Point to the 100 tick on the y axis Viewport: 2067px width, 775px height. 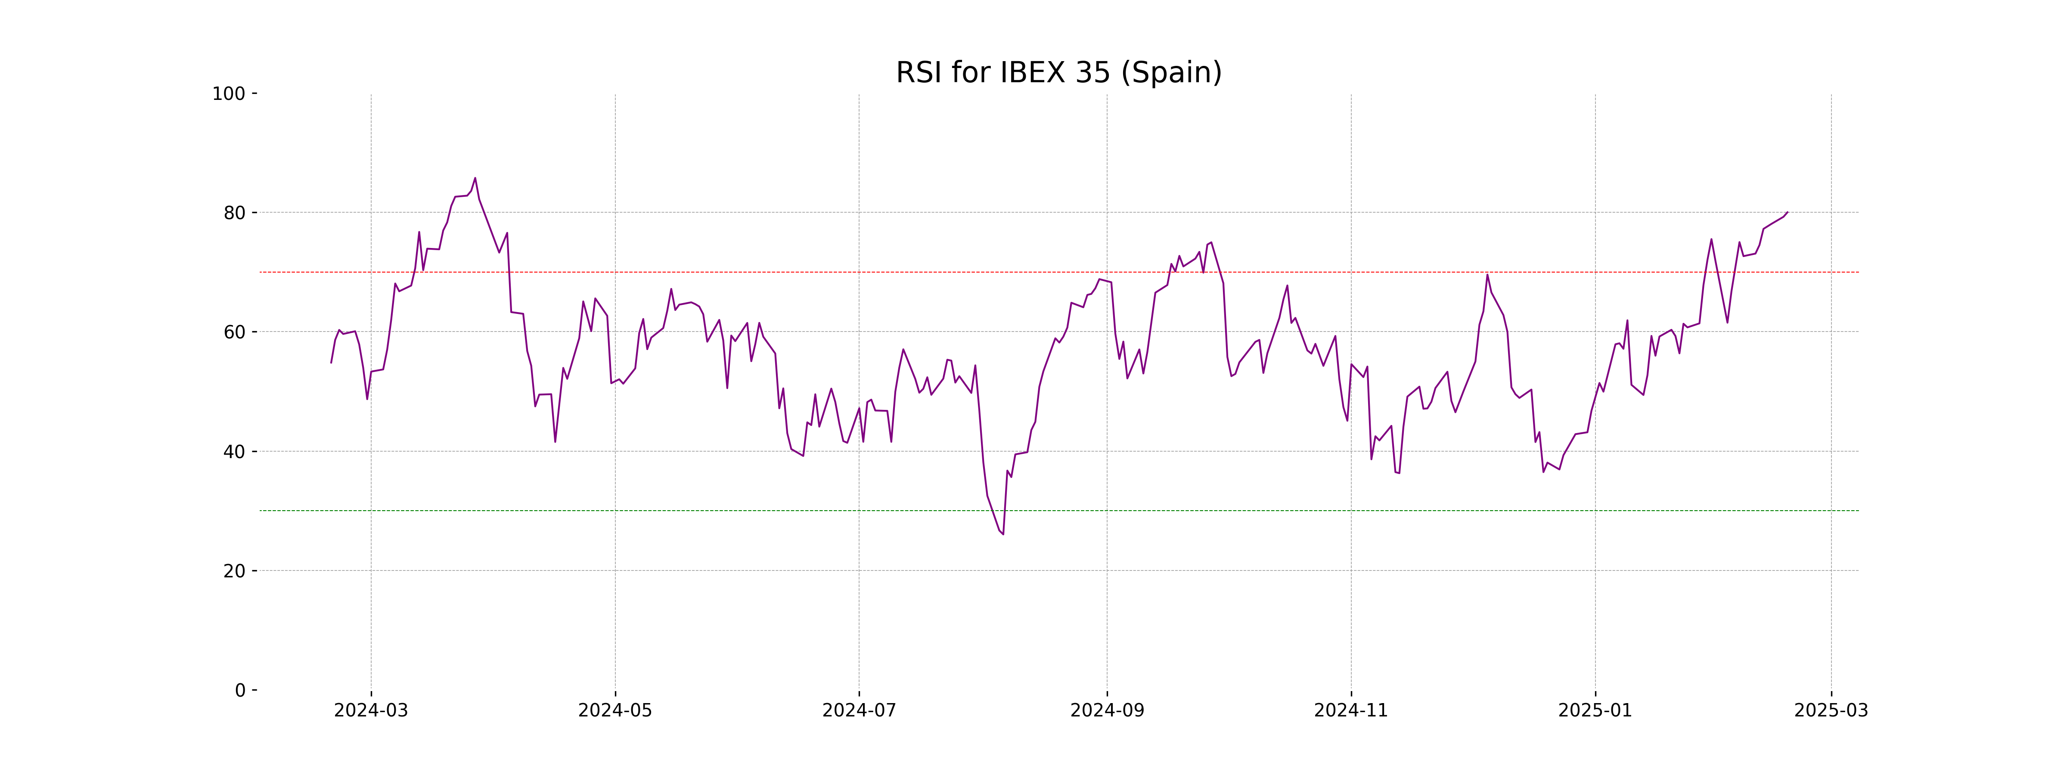click(x=229, y=94)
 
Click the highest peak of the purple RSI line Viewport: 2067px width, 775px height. click(x=475, y=178)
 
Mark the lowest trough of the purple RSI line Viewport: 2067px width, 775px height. click(x=1003, y=534)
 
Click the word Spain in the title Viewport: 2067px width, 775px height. click(x=1171, y=73)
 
